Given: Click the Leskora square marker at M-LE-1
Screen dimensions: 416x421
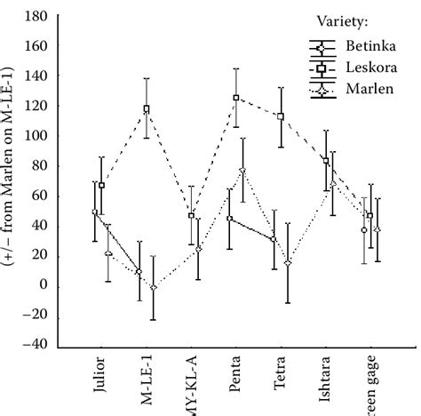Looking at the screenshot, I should [x=147, y=109].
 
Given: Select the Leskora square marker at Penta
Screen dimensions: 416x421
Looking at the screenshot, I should [x=236, y=98].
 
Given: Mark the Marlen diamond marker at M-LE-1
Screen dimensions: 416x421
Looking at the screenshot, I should [x=153, y=287].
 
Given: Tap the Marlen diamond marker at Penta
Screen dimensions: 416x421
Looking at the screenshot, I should [x=242, y=171].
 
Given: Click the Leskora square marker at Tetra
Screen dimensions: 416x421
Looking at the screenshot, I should [x=281, y=116].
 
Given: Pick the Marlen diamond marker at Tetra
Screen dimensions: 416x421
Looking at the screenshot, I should [x=288, y=263].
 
